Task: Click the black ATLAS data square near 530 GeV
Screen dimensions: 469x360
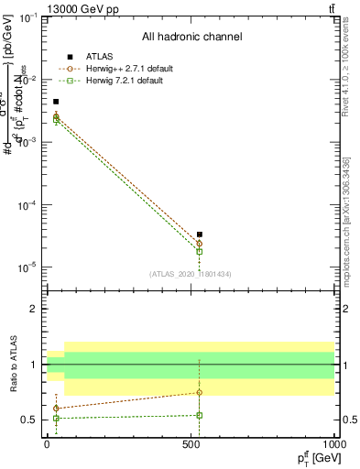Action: (200, 234)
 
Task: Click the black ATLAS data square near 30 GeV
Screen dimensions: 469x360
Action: (56, 102)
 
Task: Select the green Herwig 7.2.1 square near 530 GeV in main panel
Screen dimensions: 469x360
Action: (200, 251)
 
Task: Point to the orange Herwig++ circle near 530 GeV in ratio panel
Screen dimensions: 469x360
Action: (200, 392)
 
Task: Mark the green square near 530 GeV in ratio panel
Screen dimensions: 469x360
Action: (200, 415)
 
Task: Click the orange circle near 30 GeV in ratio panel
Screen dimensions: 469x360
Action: (56, 408)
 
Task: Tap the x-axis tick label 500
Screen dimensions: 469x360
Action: (191, 442)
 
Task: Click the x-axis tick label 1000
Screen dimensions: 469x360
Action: (333, 442)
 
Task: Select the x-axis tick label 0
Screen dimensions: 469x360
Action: (48, 442)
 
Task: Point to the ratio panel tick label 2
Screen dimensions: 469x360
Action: (36, 309)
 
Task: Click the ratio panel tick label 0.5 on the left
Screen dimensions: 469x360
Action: (31, 420)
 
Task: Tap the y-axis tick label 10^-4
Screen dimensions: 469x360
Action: (27, 205)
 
